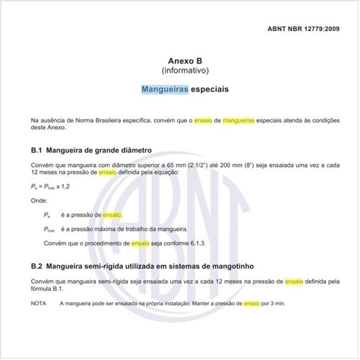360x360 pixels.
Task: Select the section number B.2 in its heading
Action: point(37,266)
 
